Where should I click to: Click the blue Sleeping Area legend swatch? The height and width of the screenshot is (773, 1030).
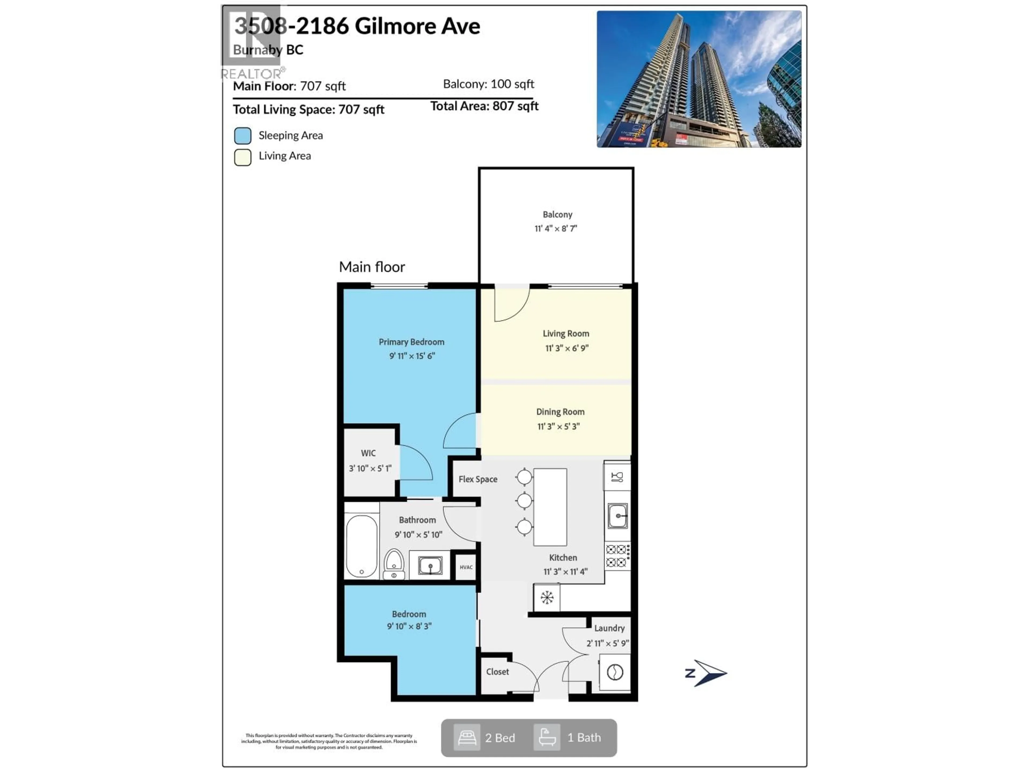[242, 136]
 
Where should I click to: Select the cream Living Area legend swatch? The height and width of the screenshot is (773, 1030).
[242, 157]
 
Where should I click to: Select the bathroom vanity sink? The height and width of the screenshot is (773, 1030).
[430, 566]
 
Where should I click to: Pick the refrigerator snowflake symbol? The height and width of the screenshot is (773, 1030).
[547, 597]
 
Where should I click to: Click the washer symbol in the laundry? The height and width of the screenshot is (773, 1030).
[615, 672]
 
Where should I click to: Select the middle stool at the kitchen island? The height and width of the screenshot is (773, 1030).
[524, 501]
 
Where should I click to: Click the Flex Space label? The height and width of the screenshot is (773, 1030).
[478, 479]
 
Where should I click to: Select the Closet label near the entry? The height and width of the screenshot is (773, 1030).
[497, 672]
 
